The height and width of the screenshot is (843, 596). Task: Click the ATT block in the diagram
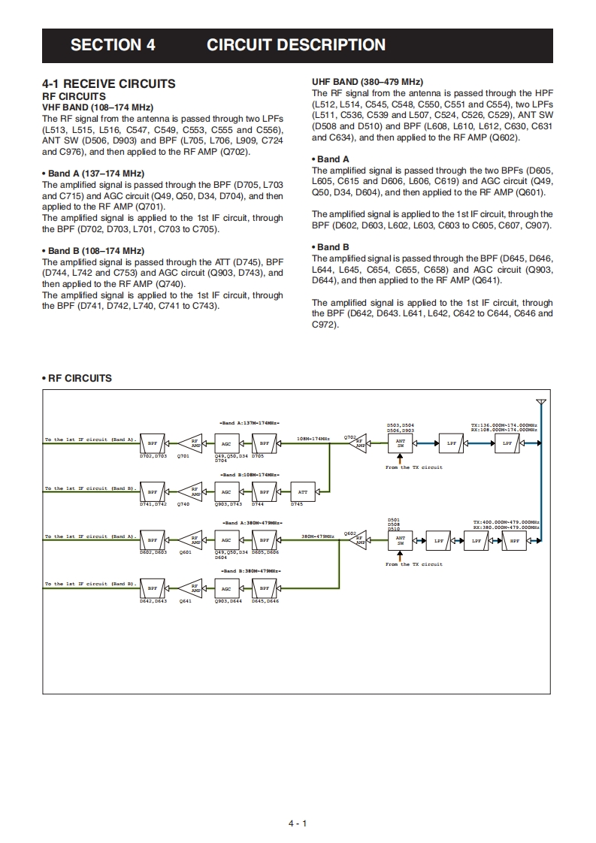pos(302,492)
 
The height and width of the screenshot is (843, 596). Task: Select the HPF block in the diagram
pos(515,540)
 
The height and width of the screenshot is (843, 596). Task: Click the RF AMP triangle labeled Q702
pos(359,443)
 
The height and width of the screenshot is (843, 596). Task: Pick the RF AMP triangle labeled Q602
pos(359,539)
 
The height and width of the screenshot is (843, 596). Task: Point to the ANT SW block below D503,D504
pos(401,443)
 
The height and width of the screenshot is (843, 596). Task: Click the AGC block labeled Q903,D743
pos(226,492)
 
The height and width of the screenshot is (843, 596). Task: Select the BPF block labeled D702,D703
pos(153,443)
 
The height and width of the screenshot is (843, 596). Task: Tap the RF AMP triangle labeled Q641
pos(195,588)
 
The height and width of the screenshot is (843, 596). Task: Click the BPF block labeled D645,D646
pos(265,588)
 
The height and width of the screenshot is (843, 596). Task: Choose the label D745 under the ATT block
pos(296,504)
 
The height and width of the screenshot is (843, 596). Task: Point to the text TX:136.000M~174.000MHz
pos(504,425)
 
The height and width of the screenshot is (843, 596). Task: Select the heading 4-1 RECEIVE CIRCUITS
pos(109,84)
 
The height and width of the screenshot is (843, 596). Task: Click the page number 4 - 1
pos(298,823)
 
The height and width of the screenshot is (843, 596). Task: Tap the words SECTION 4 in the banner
pos(113,45)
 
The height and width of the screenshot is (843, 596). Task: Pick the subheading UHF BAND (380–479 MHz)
pos(367,82)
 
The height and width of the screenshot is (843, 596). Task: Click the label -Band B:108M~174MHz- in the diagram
pos(250,475)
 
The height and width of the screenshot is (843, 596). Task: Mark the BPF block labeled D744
pos(265,492)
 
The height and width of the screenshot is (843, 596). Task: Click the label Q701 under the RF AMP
pos(183,456)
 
